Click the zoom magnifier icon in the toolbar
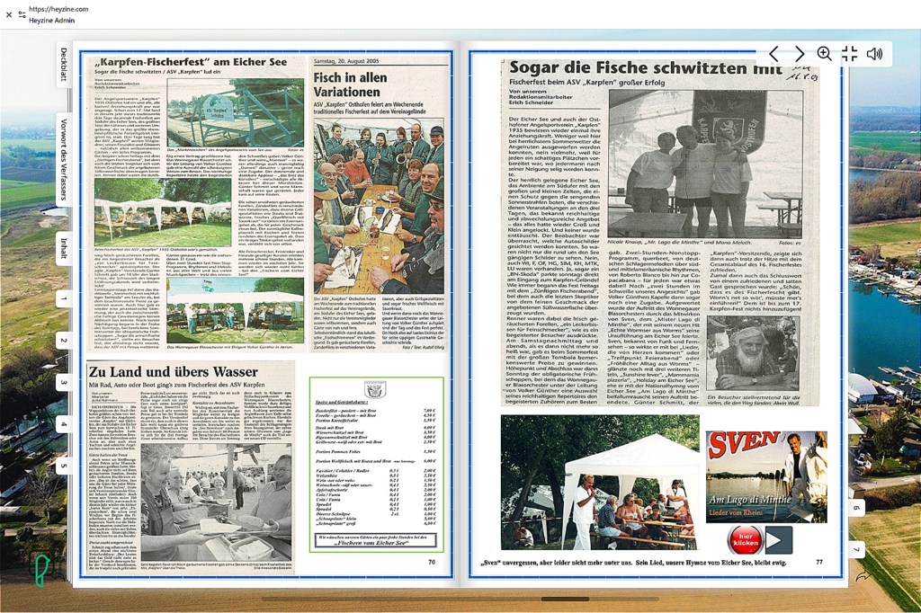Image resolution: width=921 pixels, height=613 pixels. click(x=824, y=54)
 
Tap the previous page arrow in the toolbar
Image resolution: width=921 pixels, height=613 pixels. click(x=773, y=54)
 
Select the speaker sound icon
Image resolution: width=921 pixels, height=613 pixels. click(x=874, y=54)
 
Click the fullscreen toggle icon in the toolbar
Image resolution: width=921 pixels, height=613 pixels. click(x=849, y=54)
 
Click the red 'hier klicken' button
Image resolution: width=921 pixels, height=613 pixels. click(x=745, y=540)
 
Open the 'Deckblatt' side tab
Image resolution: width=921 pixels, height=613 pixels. click(x=64, y=65)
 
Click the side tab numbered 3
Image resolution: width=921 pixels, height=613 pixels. click(x=64, y=382)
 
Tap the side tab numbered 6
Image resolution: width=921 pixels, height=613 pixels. click(x=855, y=508)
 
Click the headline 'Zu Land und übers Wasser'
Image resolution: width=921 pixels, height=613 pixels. click(x=173, y=371)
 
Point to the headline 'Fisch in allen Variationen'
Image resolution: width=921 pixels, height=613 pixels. click(x=351, y=84)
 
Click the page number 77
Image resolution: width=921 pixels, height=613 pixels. click(x=819, y=562)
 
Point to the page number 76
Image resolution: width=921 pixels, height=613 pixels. click(x=432, y=562)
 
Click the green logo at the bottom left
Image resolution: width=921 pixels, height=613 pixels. click(x=41, y=570)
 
